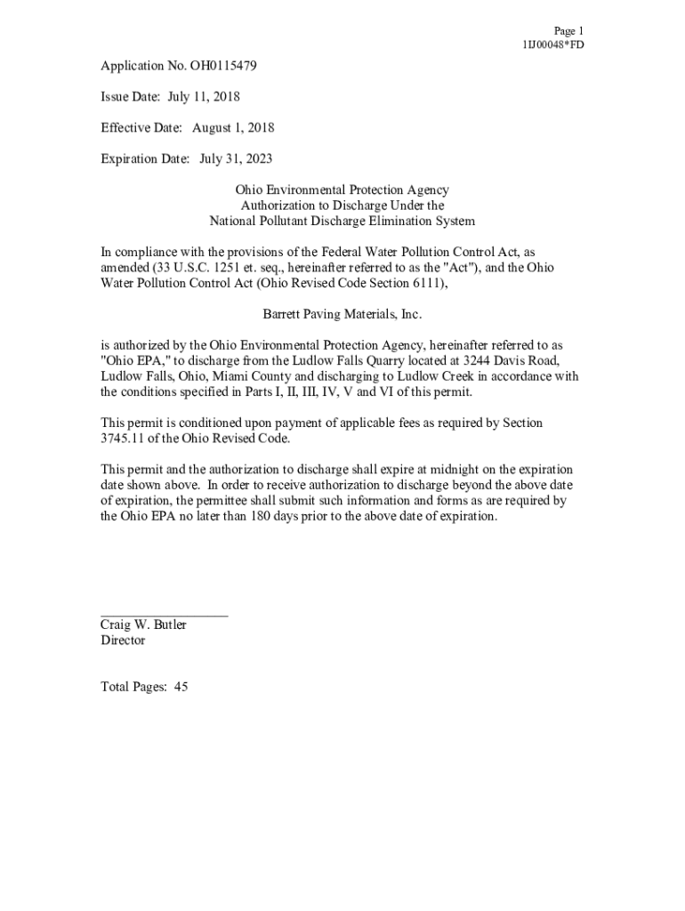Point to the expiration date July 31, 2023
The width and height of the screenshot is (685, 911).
[236, 158]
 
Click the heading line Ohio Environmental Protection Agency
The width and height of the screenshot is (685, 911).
[342, 189]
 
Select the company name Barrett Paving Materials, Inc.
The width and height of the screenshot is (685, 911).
[342, 314]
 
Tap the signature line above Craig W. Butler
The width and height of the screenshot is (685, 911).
[164, 615]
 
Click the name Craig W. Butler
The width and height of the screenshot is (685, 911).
[143, 625]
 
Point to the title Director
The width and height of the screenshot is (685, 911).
[123, 640]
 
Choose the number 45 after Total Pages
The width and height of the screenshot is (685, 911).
[181, 687]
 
